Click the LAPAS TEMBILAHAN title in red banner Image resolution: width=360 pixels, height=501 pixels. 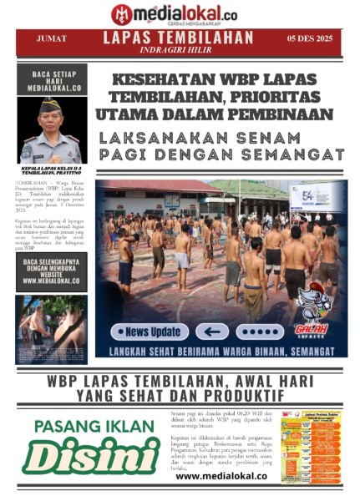[178, 38]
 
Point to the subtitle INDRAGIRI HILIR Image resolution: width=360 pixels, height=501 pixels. [178, 50]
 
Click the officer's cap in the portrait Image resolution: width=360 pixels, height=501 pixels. [52, 104]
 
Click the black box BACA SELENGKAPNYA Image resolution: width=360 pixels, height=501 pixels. [51, 271]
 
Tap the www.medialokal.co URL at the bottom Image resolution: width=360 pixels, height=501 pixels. [221, 476]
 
